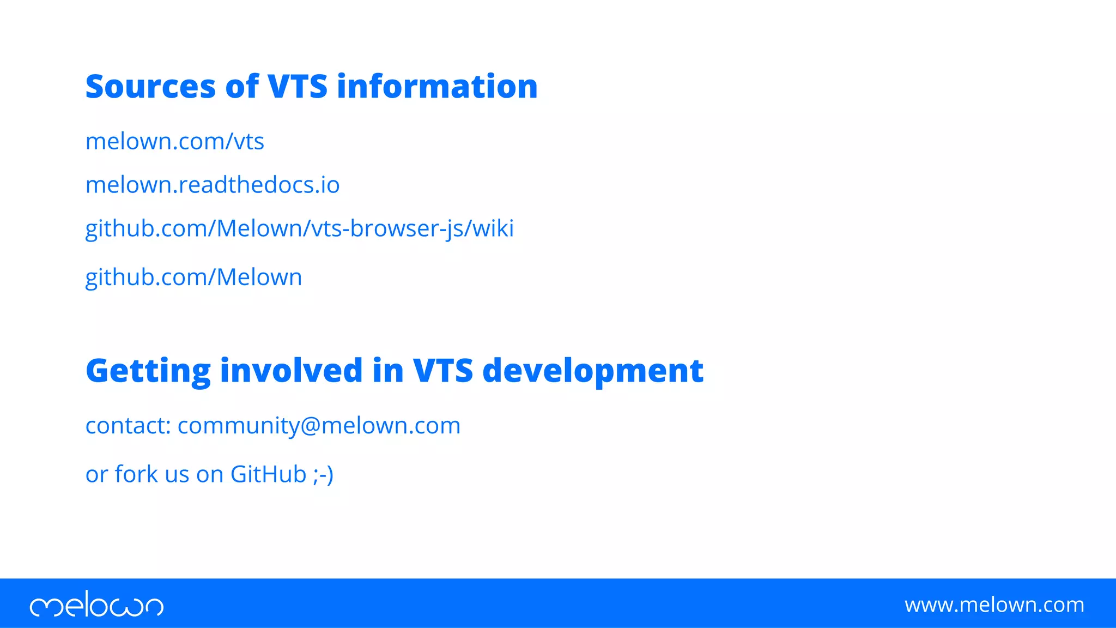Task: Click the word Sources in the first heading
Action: (150, 87)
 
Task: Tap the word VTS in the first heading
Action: (297, 87)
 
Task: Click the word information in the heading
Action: (437, 87)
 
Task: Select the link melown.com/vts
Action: (174, 142)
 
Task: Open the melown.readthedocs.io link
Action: (213, 185)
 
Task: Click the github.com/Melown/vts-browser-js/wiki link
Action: (299, 229)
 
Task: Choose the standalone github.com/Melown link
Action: (193, 277)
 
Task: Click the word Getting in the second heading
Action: (148, 371)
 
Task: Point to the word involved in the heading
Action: (291, 371)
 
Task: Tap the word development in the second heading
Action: (593, 371)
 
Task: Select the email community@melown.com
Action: (319, 426)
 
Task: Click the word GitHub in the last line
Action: (268, 474)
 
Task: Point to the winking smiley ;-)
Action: (323, 474)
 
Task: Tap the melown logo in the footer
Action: (96, 604)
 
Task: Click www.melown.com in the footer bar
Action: (994, 605)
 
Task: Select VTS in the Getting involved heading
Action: (442, 371)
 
